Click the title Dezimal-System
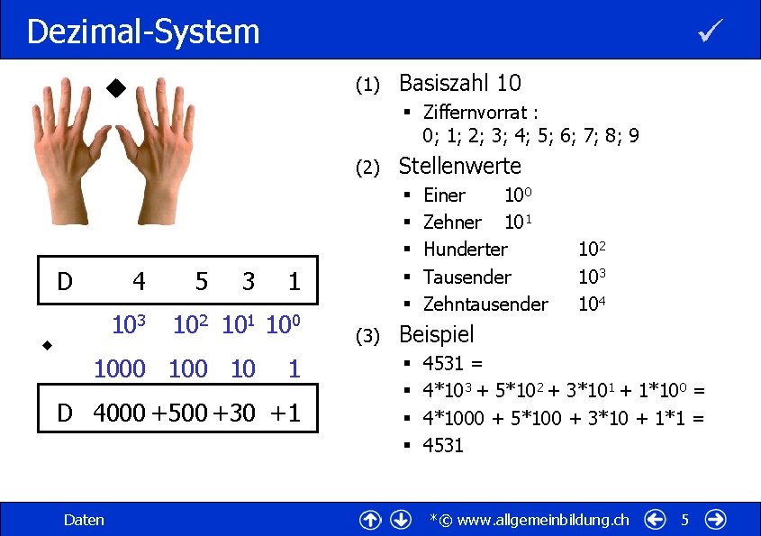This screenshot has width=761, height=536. coord(143,32)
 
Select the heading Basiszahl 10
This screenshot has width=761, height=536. coord(459,84)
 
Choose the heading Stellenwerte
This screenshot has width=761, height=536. coord(459,166)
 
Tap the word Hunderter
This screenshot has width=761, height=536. coord(465,249)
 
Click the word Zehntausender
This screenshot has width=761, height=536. coord(485,304)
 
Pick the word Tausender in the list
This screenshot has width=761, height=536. coord(467,277)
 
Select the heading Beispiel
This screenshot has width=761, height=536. coord(436,334)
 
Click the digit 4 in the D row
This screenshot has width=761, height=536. coord(139,282)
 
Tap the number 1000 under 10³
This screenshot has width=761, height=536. coord(120,368)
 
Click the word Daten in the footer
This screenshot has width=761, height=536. coord(84,520)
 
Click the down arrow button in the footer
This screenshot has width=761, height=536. coord(402,520)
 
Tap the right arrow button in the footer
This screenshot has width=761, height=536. coord(717,520)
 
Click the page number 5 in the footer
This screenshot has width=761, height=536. coord(684,520)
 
